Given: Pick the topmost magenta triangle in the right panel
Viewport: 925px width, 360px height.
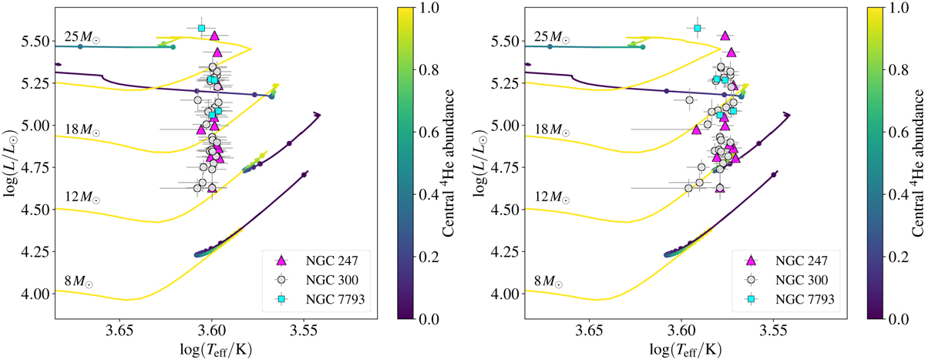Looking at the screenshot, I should coord(725,35).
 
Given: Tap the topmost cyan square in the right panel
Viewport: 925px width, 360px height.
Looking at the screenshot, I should coord(698,29).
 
